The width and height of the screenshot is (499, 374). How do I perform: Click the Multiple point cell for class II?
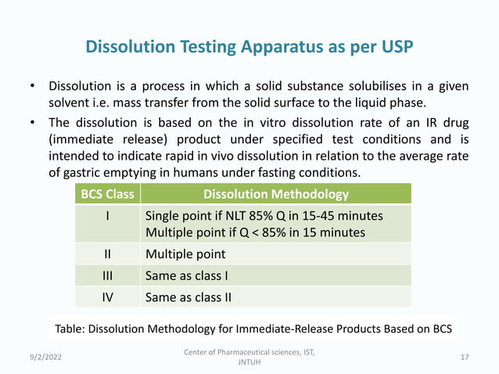[186, 254]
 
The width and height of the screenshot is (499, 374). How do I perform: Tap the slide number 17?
[465, 358]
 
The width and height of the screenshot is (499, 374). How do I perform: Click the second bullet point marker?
[32, 123]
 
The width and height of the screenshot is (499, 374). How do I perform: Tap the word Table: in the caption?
[74, 326]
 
